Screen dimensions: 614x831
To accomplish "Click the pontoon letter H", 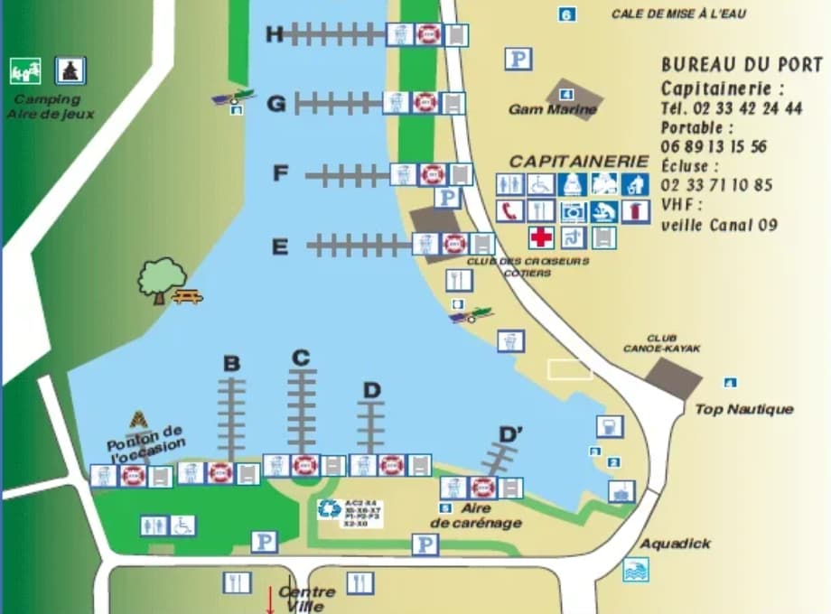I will point(275,34).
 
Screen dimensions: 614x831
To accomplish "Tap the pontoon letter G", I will point(276,104).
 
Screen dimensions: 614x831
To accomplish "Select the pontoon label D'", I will point(511,435).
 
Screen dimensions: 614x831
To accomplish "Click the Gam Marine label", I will point(553,110).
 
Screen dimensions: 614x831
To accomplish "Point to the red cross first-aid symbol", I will point(541,237).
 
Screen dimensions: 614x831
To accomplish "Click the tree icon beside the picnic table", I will point(161,278).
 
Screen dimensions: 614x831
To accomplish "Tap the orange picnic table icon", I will point(187,295).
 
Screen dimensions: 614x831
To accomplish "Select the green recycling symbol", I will point(329,509).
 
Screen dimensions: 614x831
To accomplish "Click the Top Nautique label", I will point(743,409).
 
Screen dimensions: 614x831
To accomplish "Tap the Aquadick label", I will point(675,544).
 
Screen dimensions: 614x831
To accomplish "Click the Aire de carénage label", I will point(475,516).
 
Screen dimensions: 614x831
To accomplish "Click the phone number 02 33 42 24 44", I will point(732,108).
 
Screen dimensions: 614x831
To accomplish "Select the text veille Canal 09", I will point(718,225).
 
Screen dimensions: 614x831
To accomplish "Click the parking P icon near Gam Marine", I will point(518,60).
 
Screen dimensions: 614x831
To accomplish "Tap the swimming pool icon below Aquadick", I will point(636,570).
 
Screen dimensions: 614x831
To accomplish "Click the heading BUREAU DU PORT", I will point(742,65).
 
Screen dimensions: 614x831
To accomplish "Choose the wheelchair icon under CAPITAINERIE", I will point(540,184).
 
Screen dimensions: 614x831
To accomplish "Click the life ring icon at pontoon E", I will point(454,244).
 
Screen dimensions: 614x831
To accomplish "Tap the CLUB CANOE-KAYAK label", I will point(661,343).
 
